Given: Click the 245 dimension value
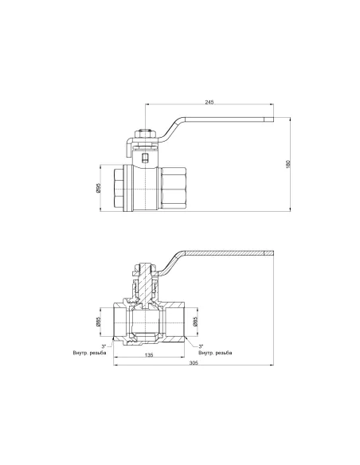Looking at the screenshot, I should pyautogui.click(x=209, y=103).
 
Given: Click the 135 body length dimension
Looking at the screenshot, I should pyautogui.click(x=149, y=356).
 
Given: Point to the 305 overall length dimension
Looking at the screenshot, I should pyautogui.click(x=194, y=364).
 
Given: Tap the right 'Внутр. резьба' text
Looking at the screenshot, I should pyautogui.click(x=216, y=353).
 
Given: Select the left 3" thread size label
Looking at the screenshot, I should pyautogui.click(x=104, y=346).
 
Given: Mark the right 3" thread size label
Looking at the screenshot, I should pyautogui.click(x=201, y=346).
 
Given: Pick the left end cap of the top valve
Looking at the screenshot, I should pyautogui.click(x=118, y=189).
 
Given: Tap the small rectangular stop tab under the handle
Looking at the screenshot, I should pyautogui.click(x=144, y=158).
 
